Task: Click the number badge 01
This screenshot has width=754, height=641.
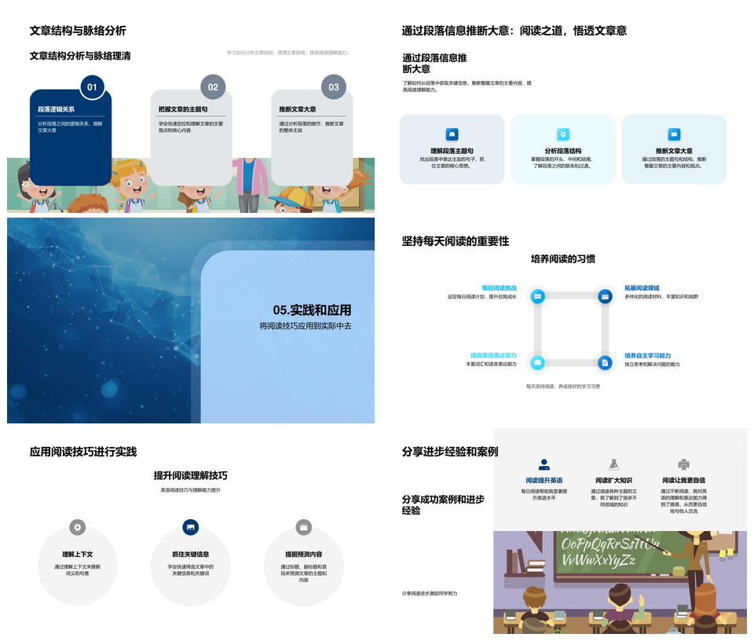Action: [92, 87]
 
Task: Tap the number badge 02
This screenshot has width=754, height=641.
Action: [213, 87]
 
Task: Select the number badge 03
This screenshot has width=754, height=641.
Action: [334, 87]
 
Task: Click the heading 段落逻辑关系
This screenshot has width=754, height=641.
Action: [57, 110]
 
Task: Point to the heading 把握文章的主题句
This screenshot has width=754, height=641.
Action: [183, 110]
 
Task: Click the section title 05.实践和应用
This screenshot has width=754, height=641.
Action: [312, 310]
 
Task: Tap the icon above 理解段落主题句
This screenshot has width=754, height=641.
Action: [452, 134]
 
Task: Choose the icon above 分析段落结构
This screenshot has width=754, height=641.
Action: [563, 134]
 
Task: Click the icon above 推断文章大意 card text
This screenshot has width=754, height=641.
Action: [674, 134]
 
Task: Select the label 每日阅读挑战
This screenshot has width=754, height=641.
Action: [500, 288]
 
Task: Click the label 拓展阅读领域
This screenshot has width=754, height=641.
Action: [642, 288]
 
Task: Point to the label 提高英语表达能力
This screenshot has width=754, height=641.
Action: [493, 355]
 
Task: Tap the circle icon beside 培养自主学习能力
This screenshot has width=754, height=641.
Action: [604, 362]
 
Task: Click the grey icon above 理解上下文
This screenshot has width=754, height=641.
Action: [77, 527]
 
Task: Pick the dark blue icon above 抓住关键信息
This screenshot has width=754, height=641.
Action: [190, 527]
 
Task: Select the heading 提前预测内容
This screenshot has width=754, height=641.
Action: [303, 554]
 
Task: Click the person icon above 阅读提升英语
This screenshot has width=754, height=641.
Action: [544, 464]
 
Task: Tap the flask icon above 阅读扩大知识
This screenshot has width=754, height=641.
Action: [613, 464]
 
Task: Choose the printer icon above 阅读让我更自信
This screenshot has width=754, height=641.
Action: [683, 464]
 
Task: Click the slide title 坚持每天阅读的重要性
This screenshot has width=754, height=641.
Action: [456, 241]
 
